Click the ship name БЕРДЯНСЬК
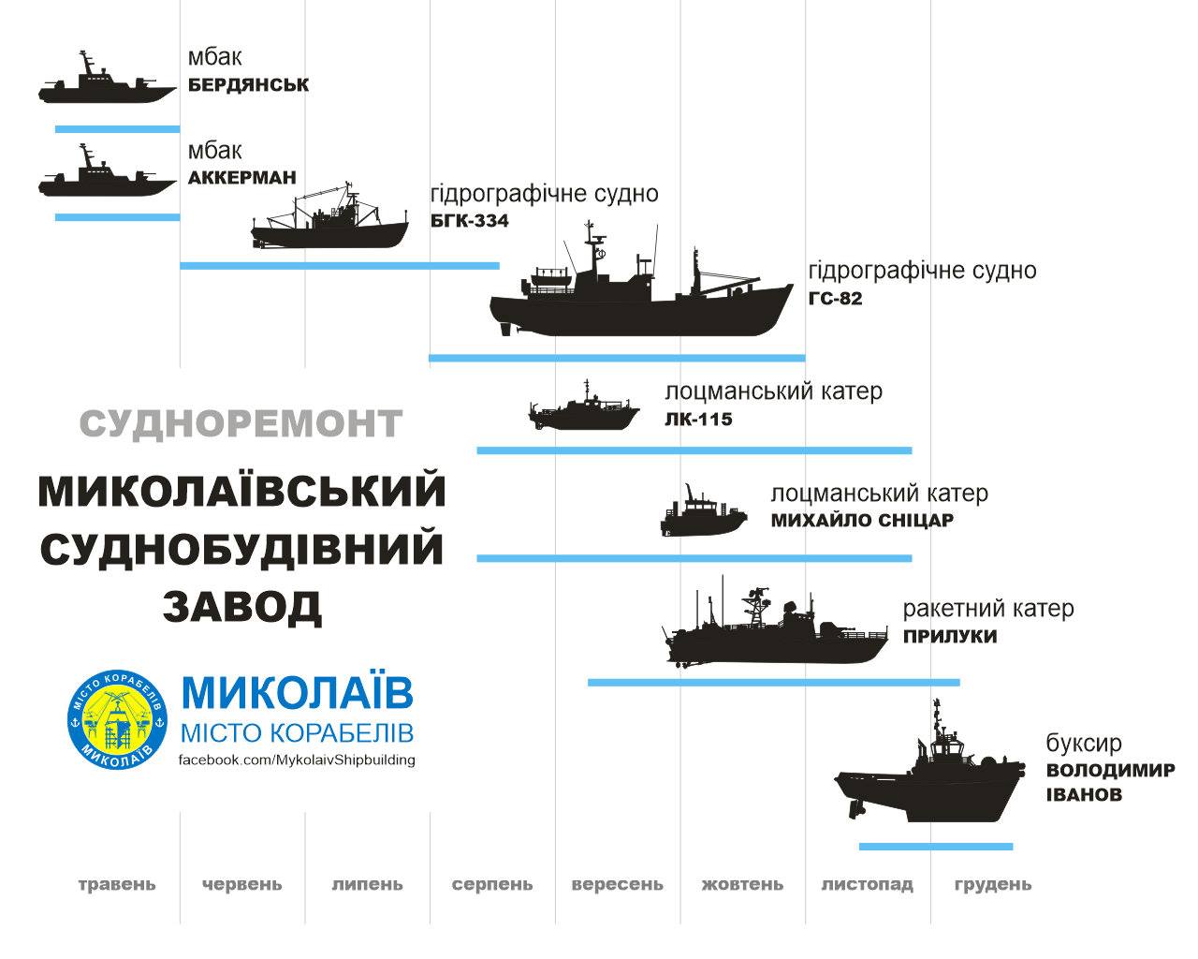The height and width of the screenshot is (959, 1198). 248,84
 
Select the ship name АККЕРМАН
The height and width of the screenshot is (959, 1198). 242,178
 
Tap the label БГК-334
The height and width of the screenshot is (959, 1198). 470,221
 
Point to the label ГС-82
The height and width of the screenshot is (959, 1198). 835,298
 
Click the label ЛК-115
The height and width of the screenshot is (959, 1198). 698,419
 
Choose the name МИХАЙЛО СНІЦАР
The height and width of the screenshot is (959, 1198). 862,520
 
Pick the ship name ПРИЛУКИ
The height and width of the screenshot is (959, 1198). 950,636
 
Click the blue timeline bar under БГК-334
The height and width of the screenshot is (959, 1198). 340,266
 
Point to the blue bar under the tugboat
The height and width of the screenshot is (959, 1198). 936,847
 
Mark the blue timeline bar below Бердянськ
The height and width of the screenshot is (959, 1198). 118,129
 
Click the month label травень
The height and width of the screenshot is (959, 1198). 117,884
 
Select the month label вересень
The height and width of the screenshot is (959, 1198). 618,884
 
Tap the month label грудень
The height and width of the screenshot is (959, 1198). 993,884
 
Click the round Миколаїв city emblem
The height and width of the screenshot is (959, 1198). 118,719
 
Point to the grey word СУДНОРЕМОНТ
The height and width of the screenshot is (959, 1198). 241,423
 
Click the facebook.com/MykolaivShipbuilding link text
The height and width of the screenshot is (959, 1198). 297,760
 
